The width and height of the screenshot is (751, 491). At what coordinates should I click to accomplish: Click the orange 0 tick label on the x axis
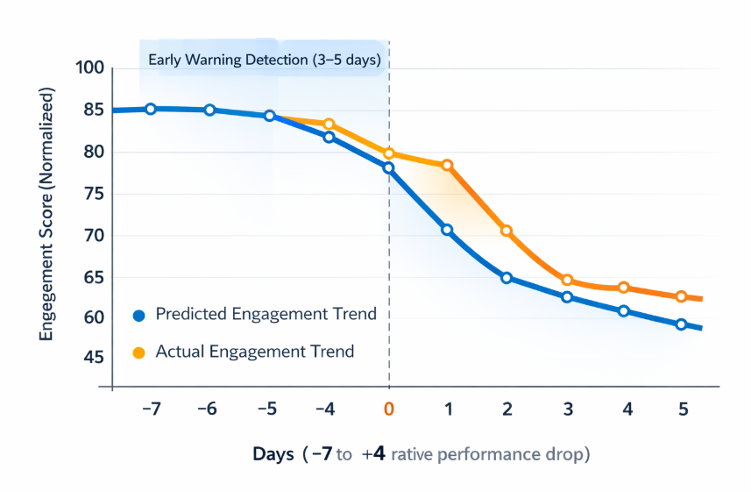(388, 409)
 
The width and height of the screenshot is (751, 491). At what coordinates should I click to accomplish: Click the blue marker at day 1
(447, 230)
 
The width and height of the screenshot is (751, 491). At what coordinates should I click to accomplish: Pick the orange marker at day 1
(447, 165)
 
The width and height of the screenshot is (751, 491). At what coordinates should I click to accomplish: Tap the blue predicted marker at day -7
(151, 109)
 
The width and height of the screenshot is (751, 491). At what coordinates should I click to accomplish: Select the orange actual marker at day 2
(506, 231)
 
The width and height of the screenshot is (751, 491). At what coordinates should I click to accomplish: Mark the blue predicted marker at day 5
(681, 324)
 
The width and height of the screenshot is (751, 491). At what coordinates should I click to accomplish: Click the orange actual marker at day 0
(388, 153)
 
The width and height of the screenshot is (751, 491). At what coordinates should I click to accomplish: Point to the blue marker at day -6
(210, 110)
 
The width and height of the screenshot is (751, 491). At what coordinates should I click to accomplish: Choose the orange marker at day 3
(567, 281)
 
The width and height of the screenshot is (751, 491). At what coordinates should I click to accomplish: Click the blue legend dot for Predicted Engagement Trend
(138, 315)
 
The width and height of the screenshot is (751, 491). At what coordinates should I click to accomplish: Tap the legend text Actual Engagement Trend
(254, 352)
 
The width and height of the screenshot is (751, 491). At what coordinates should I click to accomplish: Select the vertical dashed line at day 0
(388, 263)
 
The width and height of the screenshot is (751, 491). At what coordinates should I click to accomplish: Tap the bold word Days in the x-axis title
(273, 454)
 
